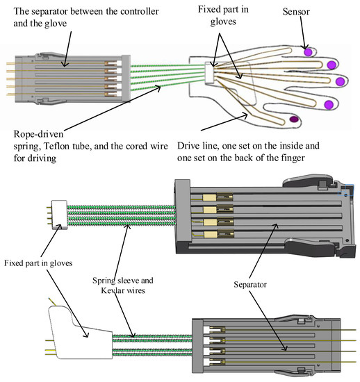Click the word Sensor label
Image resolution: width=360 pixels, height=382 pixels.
(x=296, y=12)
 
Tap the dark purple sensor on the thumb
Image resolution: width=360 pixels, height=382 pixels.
(x=294, y=119)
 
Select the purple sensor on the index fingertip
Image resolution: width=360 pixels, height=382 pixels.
(x=329, y=105)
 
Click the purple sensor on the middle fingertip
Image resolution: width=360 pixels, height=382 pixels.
(x=340, y=81)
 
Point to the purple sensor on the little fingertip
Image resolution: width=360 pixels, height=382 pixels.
(x=308, y=52)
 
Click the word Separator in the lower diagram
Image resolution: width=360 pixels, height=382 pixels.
(x=250, y=285)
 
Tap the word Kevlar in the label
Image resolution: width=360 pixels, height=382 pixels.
(x=111, y=290)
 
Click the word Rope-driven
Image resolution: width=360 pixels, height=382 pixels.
(x=38, y=134)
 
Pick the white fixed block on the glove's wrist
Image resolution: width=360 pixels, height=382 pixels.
(x=209, y=73)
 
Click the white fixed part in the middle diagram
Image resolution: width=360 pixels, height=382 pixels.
(x=59, y=215)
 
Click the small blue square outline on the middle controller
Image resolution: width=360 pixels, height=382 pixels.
(x=345, y=190)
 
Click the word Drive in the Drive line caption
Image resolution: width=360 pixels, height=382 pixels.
(x=186, y=146)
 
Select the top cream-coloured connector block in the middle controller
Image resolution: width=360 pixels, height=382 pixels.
(x=210, y=197)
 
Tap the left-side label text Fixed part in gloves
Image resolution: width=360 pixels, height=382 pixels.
(x=38, y=263)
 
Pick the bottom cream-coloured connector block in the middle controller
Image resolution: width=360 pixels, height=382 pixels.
(x=211, y=234)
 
